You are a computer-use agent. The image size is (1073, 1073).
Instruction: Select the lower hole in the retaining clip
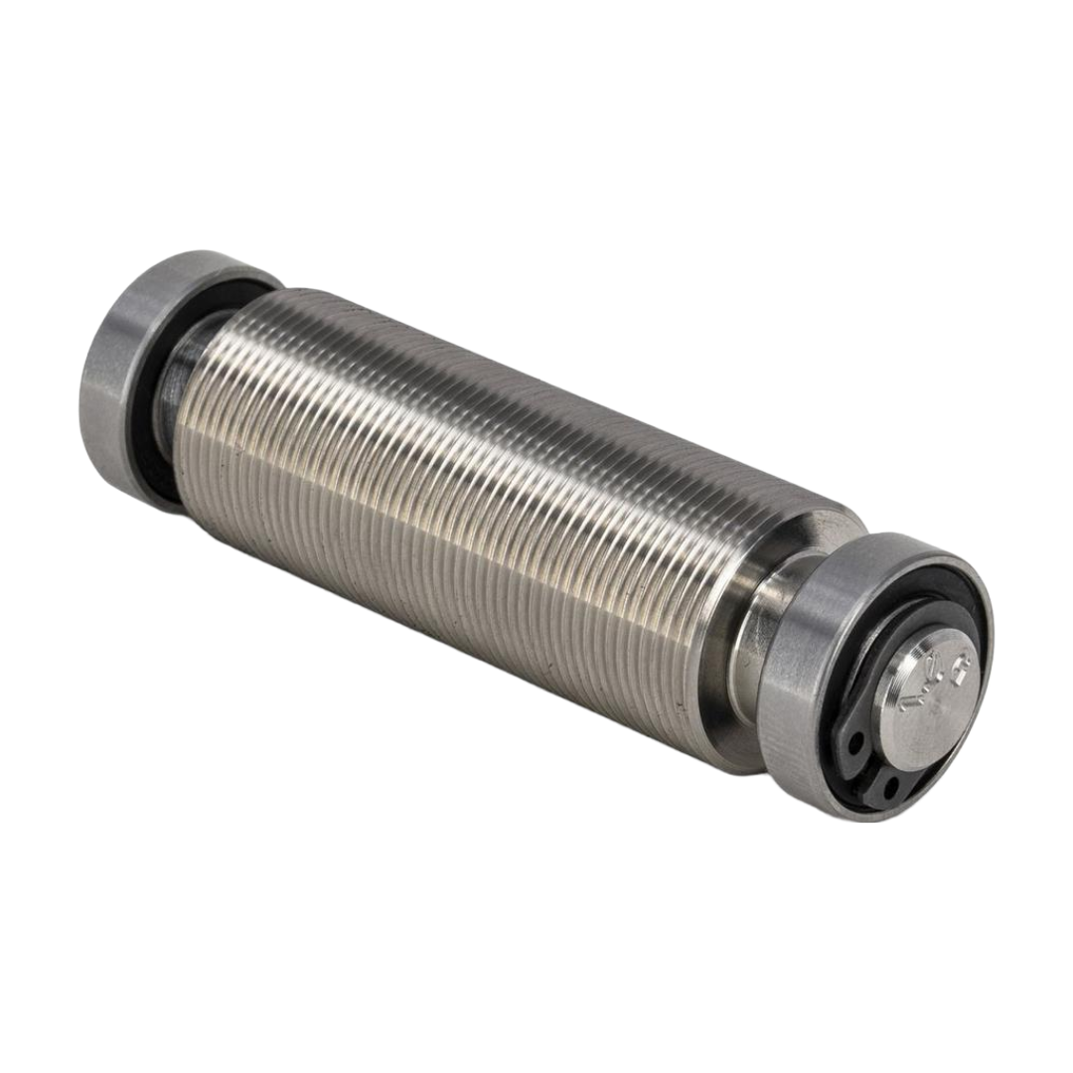pos(887,788)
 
